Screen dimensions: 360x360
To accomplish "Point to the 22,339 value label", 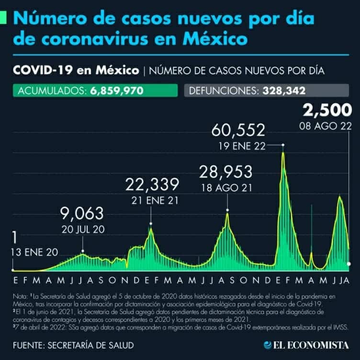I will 153,185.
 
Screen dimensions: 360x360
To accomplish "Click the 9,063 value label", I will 82,214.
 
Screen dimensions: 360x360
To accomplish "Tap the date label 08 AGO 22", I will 326,128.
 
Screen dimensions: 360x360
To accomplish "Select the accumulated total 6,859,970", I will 117,91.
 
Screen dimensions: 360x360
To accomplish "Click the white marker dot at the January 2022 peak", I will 283,144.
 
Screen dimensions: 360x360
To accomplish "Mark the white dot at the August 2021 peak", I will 227,210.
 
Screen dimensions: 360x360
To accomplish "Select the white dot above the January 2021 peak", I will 151,223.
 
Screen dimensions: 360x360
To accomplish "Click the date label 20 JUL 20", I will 83,229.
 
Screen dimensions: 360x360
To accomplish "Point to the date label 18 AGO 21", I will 227,188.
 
